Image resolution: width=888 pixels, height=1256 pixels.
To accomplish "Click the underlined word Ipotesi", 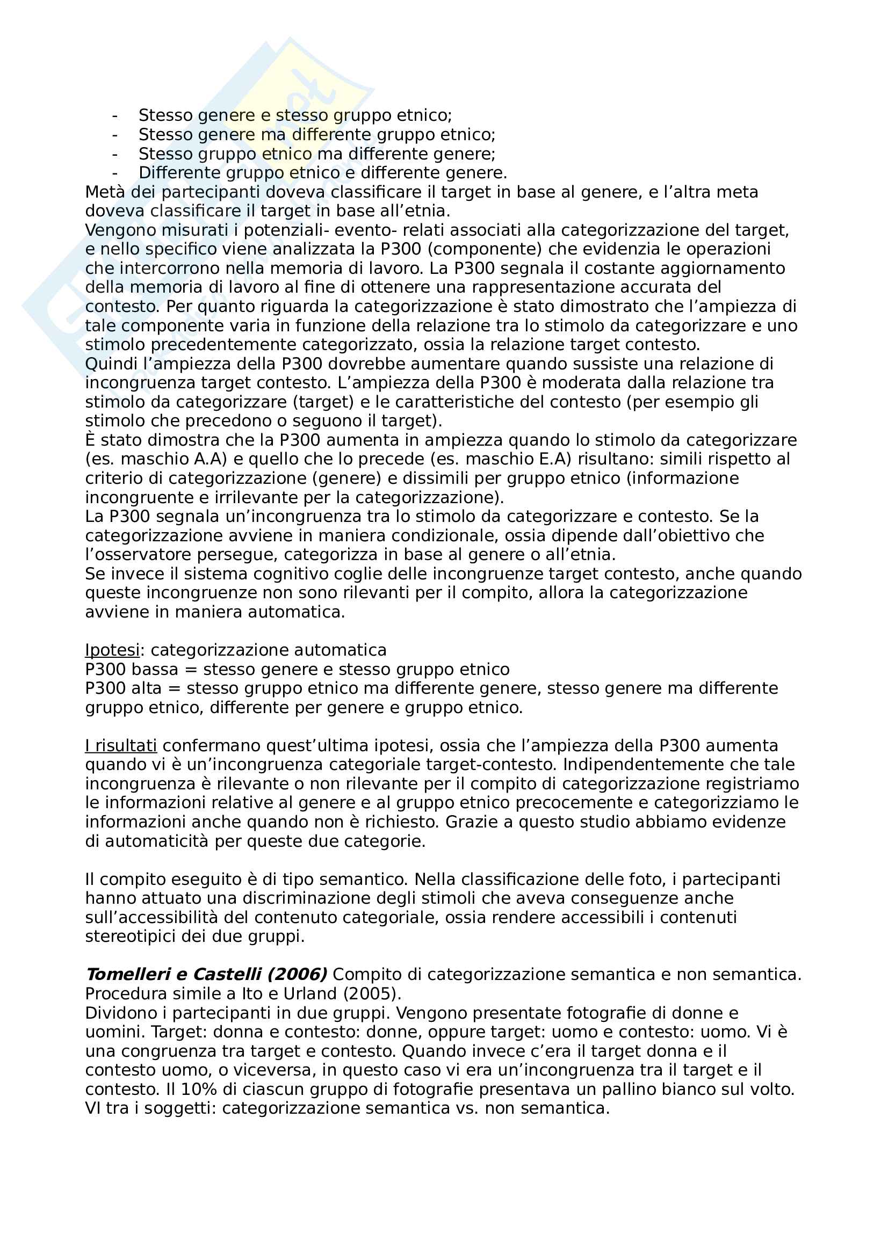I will click(112, 650).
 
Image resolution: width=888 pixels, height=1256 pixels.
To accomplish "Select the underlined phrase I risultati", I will click(121, 746).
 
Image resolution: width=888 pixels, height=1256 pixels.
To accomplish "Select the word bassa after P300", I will click(155, 669).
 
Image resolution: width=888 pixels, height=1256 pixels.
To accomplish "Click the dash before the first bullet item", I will click(114, 115).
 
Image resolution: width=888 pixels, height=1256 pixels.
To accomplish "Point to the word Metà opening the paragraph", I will click(102, 192).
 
